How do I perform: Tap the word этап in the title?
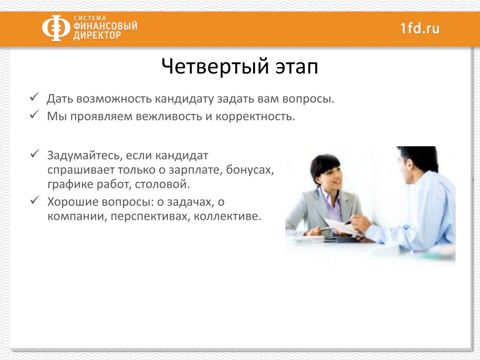pyautogui.click(x=297, y=67)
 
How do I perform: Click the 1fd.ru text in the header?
pyautogui.click(x=420, y=28)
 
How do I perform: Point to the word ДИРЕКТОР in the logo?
pyautogui.click(x=97, y=35)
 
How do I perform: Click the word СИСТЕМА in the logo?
pyautogui.click(x=90, y=18)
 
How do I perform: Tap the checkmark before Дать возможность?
pyautogui.click(x=34, y=97)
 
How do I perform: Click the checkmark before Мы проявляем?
pyautogui.click(x=34, y=115)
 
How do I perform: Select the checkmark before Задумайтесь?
pyautogui.click(x=34, y=153)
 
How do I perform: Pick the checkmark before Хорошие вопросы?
pyautogui.click(x=34, y=200)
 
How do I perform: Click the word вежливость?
pyautogui.click(x=169, y=117)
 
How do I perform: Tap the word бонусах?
pyautogui.click(x=250, y=170)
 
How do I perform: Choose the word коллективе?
pyautogui.click(x=227, y=217)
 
